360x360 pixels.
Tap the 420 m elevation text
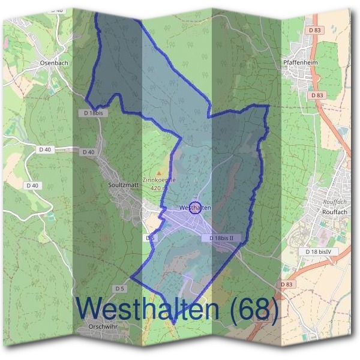(x=160, y=188)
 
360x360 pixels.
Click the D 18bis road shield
(x=91, y=113)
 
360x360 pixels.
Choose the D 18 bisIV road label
(x=320, y=251)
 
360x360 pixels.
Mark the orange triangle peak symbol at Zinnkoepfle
(x=159, y=172)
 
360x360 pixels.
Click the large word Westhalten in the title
(x=149, y=308)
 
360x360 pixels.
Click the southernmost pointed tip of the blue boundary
(x=173, y=324)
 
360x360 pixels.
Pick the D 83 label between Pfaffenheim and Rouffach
(x=317, y=95)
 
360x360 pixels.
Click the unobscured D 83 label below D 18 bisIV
(x=287, y=284)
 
